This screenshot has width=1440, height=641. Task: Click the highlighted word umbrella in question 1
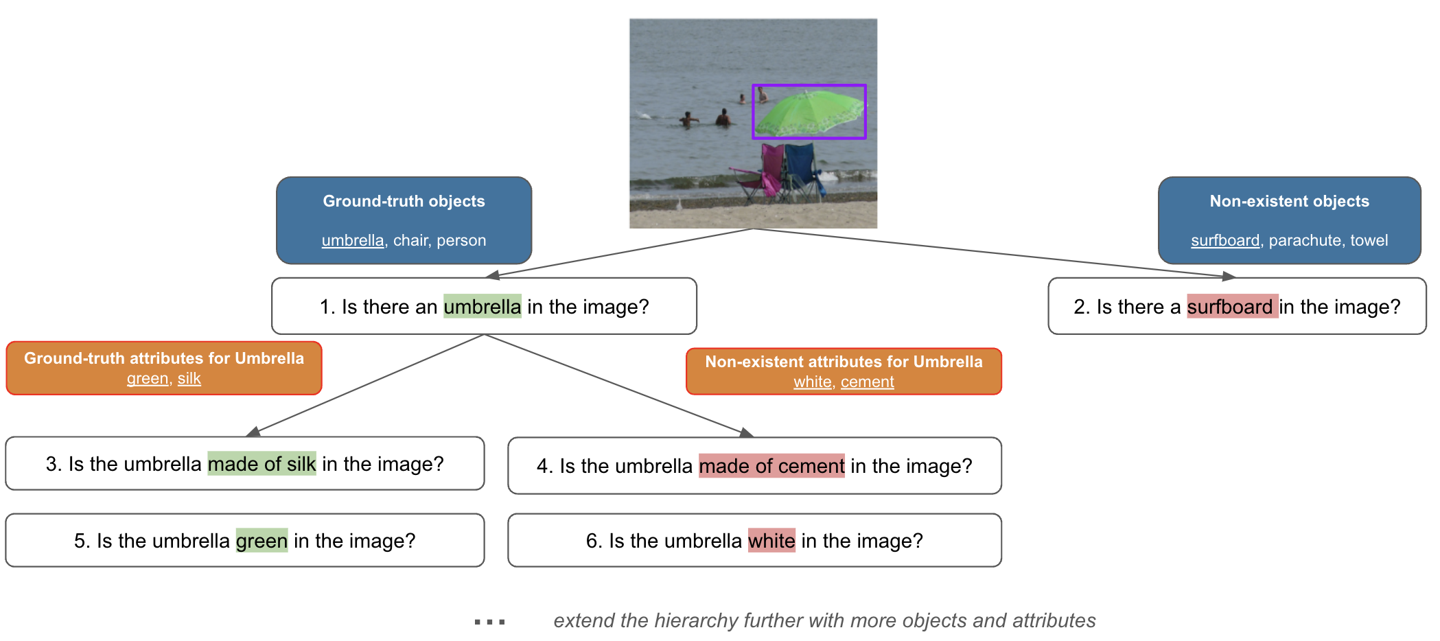pos(482,307)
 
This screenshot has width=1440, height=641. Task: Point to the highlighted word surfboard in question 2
pos(1229,307)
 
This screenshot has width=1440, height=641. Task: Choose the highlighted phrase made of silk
pos(262,464)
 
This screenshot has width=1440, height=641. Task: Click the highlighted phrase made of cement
pos(771,466)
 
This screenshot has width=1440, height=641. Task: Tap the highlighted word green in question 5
pos(262,541)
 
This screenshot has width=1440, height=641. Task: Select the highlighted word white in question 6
pos(771,541)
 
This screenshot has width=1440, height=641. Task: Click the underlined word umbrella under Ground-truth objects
pos(353,240)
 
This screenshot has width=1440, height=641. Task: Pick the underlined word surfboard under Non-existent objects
pos(1225,240)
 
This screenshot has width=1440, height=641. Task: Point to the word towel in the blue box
pos(1369,240)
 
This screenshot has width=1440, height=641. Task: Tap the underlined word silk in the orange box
pos(189,378)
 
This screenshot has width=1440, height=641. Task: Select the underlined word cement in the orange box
pos(867,382)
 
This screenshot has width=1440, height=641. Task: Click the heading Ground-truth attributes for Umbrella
pos(163,358)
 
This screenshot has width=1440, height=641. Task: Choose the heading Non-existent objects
pos(1289,201)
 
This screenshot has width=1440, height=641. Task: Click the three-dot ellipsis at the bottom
pos(489,622)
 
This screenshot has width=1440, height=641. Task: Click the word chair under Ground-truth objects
pos(410,240)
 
